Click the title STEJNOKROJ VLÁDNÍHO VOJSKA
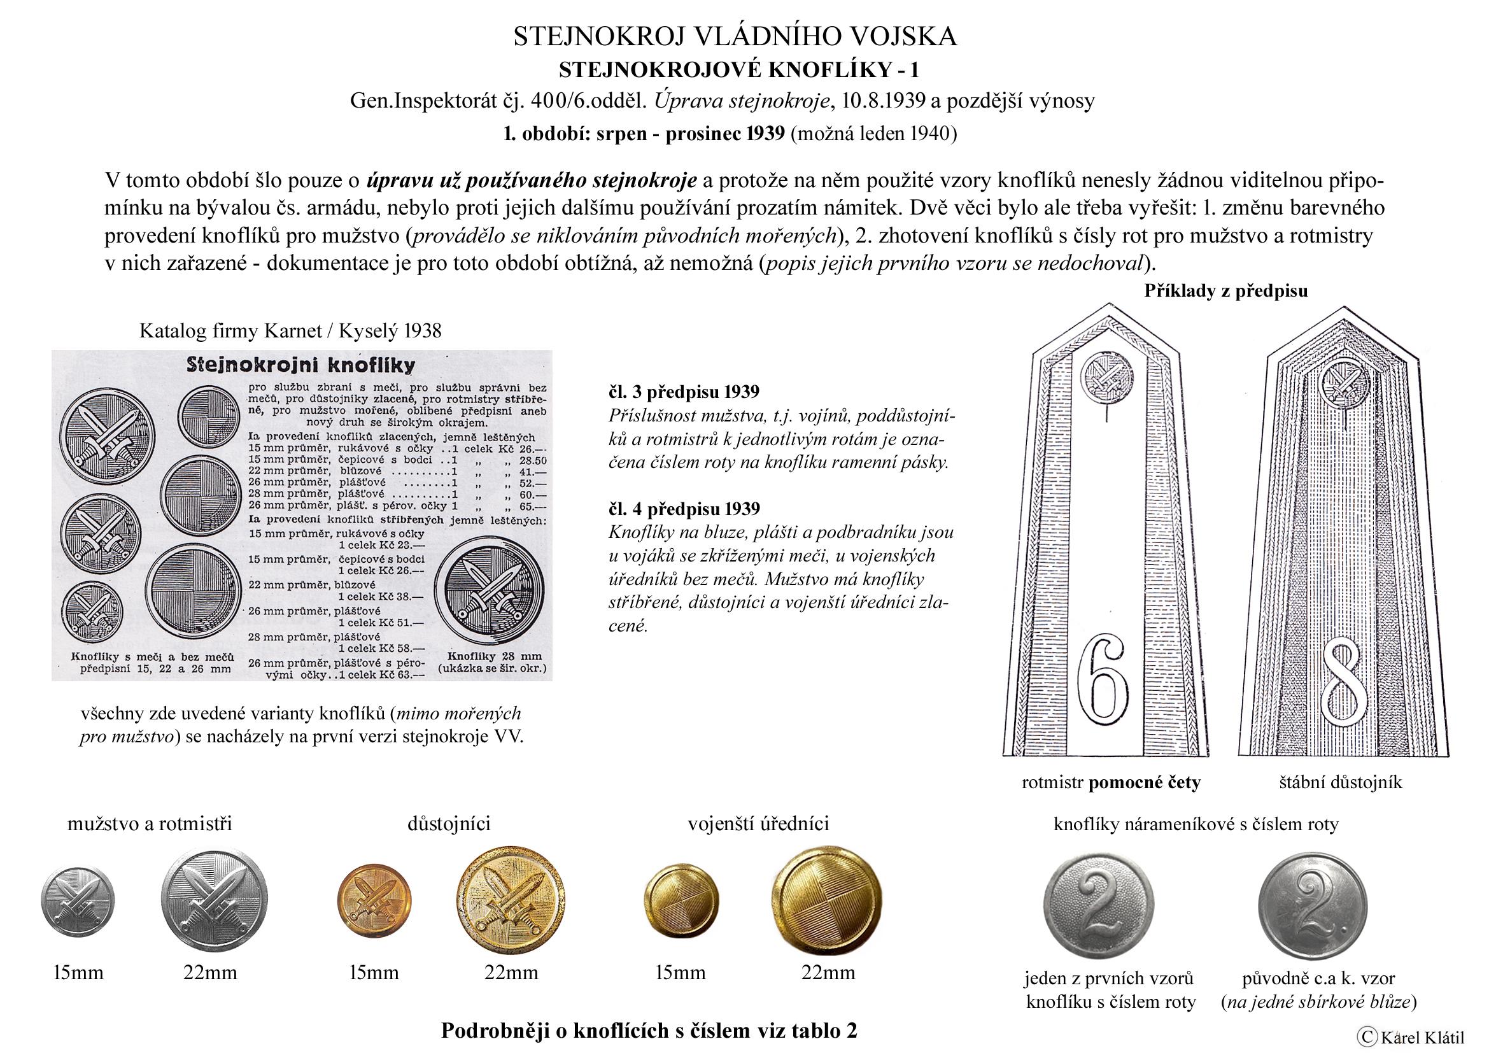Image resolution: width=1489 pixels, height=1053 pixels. pos(735,37)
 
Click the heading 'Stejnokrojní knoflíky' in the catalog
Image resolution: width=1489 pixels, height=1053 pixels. pos(300,365)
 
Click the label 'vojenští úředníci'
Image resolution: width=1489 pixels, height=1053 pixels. pos(758,823)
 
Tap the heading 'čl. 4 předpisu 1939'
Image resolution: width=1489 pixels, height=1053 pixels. pos(684,508)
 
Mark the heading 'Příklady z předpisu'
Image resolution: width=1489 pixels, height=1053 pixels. pos(1225,290)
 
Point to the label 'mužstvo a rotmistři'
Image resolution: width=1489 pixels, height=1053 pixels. pos(150,823)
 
